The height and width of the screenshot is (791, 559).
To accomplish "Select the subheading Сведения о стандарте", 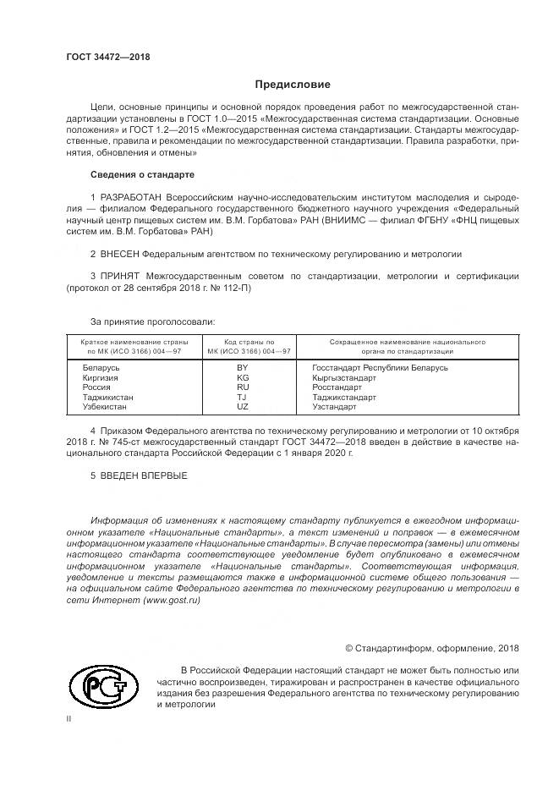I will coord(142,174).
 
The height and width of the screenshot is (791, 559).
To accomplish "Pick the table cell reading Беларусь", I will coord(101,368).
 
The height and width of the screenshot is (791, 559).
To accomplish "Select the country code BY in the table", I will coord(243,368).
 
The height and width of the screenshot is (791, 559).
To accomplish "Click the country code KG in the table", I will coord(243,378).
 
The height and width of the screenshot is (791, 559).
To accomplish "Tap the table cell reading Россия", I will coord(96,387).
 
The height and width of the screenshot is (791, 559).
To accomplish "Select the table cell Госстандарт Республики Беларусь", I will coord(380,368).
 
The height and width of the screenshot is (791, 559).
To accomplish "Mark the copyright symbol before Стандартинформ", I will coord(349,649).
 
